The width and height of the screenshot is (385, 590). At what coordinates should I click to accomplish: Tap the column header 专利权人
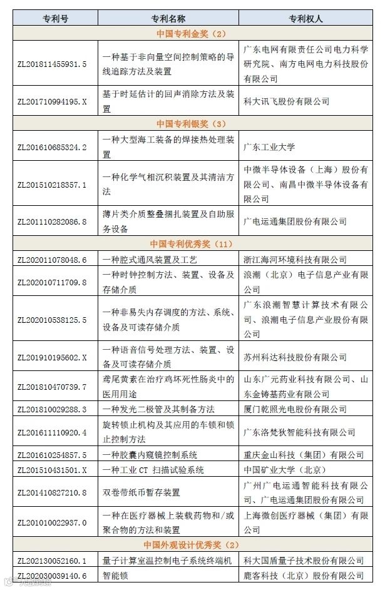point(305,18)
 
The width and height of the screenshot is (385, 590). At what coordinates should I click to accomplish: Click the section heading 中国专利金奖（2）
point(192,33)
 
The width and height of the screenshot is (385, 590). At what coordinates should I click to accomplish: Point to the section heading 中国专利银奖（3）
point(192,123)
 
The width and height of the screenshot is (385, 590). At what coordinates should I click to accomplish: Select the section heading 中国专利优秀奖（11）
point(192,243)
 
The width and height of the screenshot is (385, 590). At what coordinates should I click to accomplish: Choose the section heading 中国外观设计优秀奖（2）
point(192,545)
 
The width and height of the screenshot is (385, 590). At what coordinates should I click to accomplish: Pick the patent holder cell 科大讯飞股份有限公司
point(286,101)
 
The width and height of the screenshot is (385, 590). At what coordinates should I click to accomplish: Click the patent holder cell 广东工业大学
point(269,147)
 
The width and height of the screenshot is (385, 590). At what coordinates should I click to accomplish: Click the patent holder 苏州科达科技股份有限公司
point(295,357)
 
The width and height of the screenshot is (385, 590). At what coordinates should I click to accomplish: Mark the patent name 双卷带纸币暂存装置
point(141,492)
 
